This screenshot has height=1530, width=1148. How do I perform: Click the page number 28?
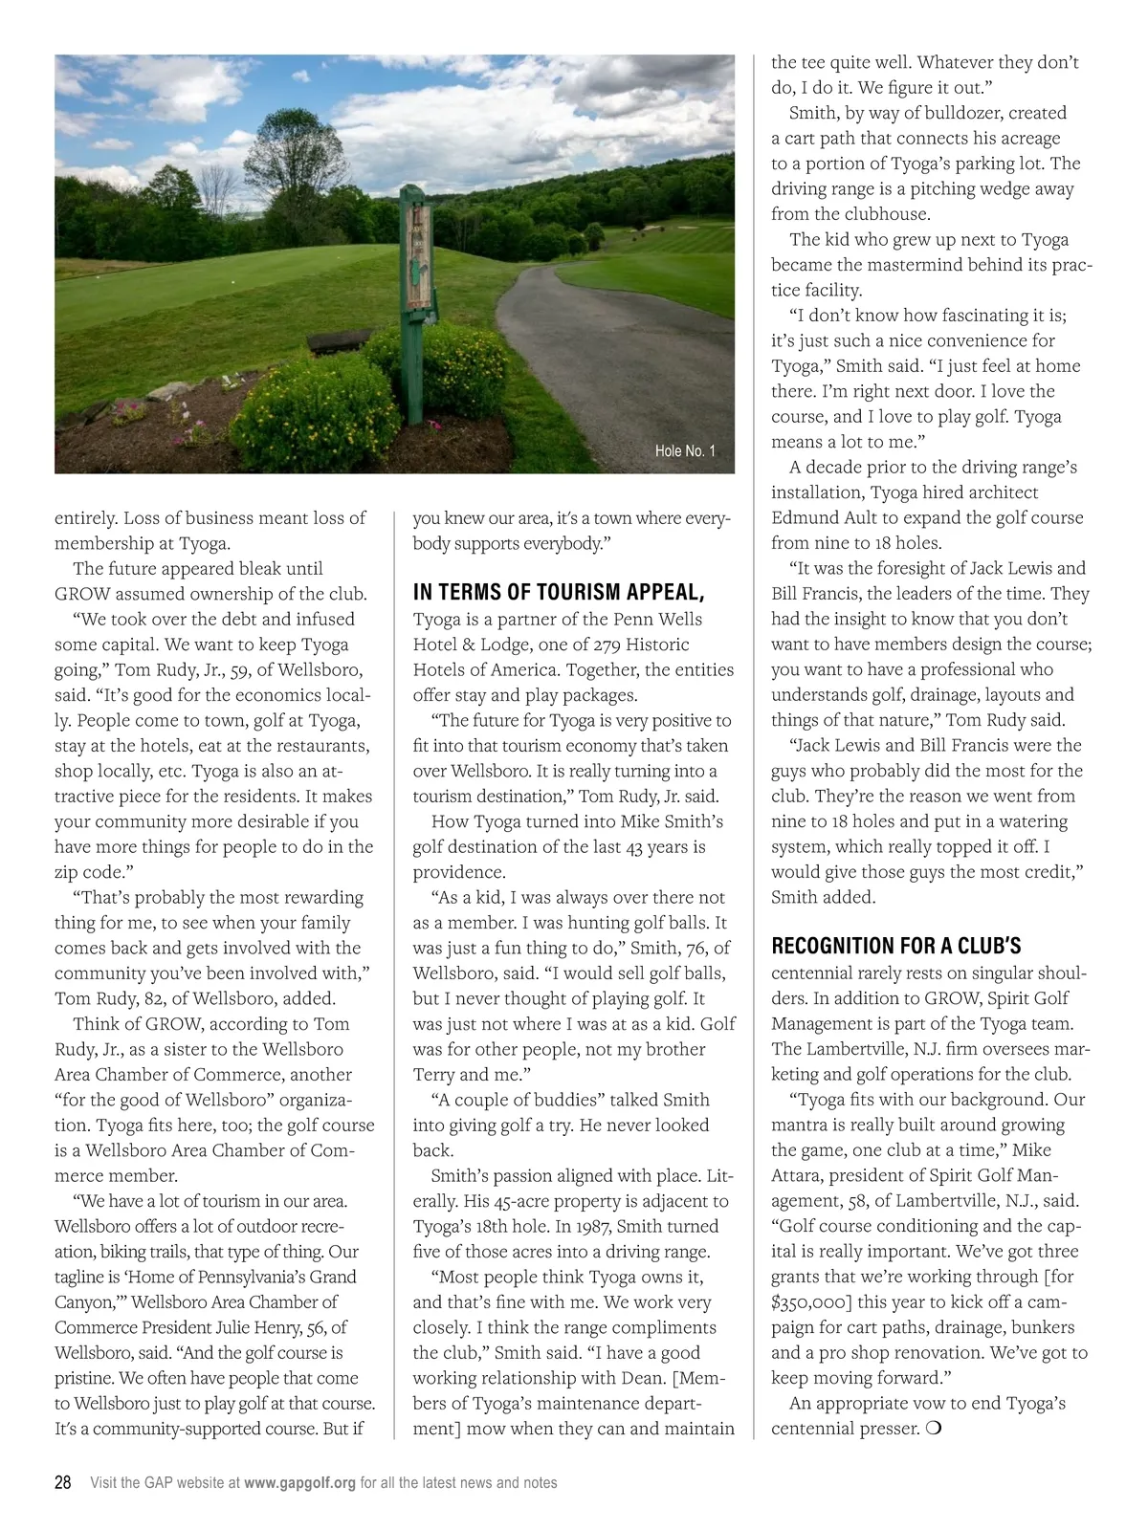pyautogui.click(x=62, y=1482)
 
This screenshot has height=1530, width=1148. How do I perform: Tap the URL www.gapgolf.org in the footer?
pyautogui.click(x=299, y=1483)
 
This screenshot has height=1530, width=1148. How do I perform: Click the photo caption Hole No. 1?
pyautogui.click(x=685, y=451)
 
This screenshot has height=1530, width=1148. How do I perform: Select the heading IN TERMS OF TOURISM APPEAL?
pyautogui.click(x=559, y=592)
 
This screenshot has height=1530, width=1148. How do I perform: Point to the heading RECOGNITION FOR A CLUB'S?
pyautogui.click(x=896, y=947)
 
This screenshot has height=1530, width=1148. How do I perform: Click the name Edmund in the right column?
pyautogui.click(x=804, y=517)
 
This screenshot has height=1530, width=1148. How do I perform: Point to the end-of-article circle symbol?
pyautogui.click(x=933, y=1429)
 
